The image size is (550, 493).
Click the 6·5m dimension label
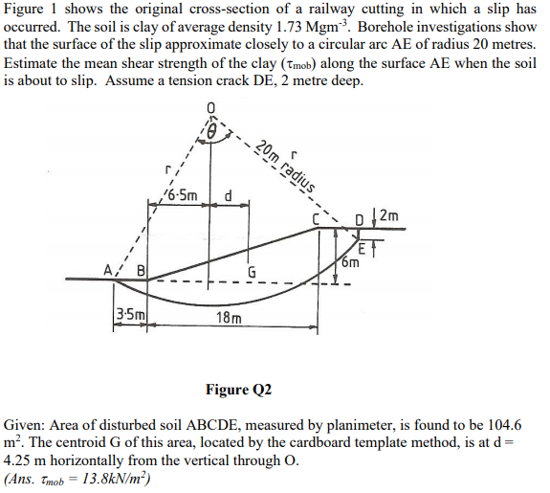click(181, 196)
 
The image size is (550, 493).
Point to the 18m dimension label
click(229, 317)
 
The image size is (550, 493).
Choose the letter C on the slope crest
click(326, 225)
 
